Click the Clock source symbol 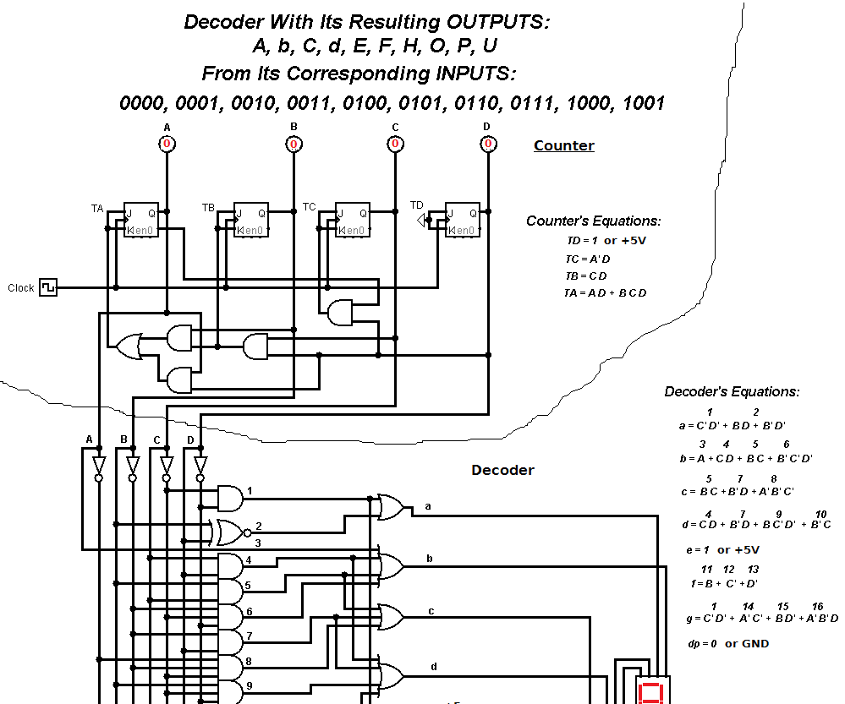[48, 287]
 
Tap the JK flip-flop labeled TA [140, 220]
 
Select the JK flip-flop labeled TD [462, 220]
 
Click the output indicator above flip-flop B [294, 145]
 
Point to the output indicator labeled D [487, 145]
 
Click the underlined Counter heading [563, 145]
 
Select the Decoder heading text [502, 470]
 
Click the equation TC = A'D [586, 259]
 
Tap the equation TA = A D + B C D [605, 292]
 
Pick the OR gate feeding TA [129, 346]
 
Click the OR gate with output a [390, 506]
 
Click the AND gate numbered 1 [229, 498]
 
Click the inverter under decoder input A [98, 467]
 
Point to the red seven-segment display [650, 691]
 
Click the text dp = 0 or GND [728, 643]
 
